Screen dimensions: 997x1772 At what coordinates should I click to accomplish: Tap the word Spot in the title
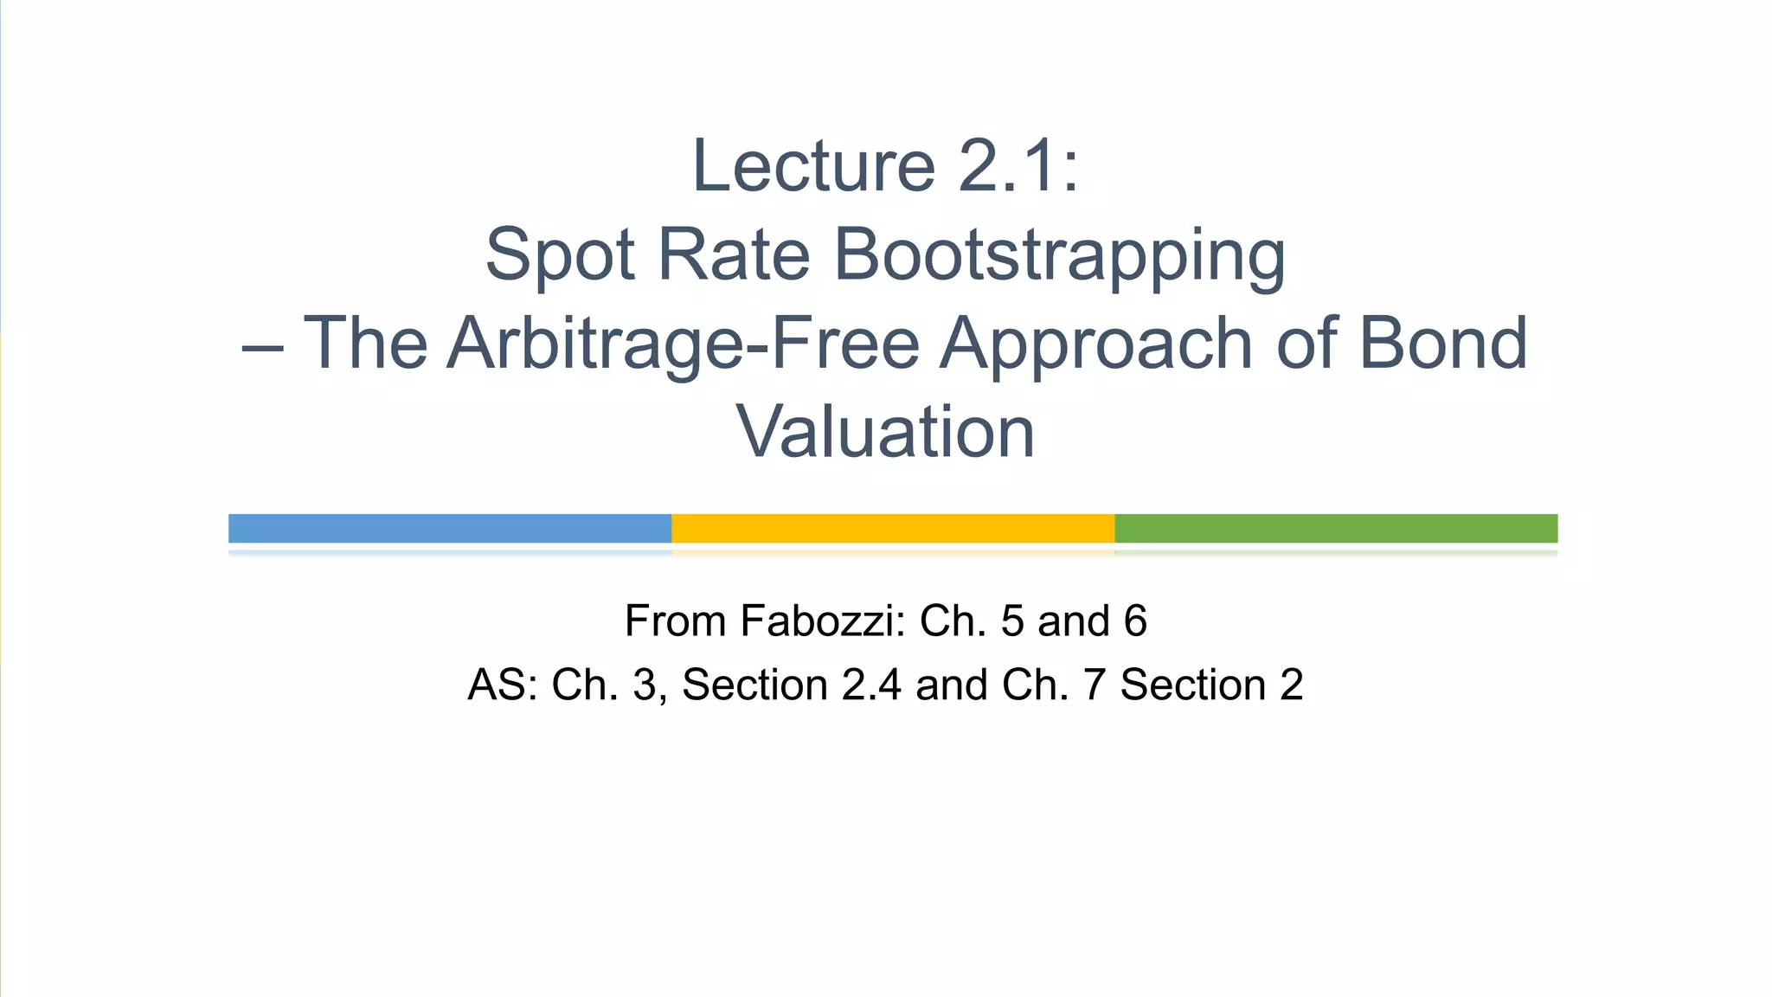pyautogui.click(x=560, y=254)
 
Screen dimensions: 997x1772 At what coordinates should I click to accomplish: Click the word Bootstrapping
pyautogui.click(x=1059, y=256)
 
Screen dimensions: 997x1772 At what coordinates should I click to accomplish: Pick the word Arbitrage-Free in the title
pyautogui.click(x=683, y=344)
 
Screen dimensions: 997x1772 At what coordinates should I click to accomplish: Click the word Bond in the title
pyautogui.click(x=1443, y=344)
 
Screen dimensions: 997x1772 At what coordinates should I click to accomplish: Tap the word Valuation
pyautogui.click(x=885, y=432)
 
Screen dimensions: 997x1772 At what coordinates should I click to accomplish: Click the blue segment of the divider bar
pyautogui.click(x=450, y=528)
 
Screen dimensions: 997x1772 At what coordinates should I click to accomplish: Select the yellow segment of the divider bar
pyautogui.click(x=893, y=528)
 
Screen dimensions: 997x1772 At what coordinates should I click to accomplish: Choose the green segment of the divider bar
pyautogui.click(x=1336, y=528)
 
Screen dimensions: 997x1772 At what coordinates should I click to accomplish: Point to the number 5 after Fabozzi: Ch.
pyautogui.click(x=1012, y=621)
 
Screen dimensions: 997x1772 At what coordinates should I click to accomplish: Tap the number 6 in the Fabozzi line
pyautogui.click(x=1134, y=621)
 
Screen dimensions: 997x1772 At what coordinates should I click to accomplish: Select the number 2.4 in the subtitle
pyautogui.click(x=871, y=685)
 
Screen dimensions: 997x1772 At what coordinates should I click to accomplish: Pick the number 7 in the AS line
pyautogui.click(x=1095, y=685)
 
